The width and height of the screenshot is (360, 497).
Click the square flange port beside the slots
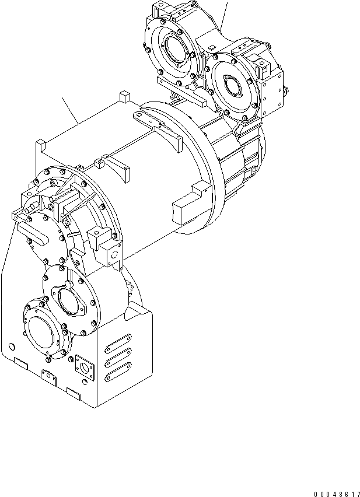[86, 368]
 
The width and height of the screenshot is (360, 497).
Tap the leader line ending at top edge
[223, 15]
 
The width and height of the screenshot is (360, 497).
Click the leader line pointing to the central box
[69, 111]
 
